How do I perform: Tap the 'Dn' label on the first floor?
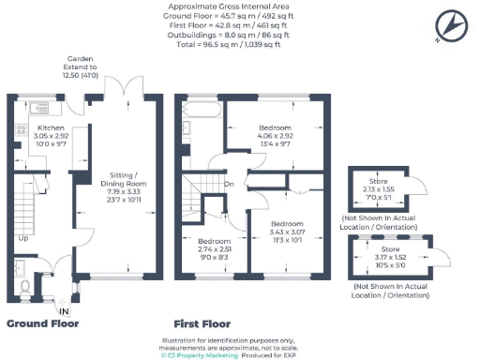pyautogui.click(x=229, y=184)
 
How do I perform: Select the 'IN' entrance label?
pyautogui.click(x=64, y=311)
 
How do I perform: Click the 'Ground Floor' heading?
pyautogui.click(x=43, y=324)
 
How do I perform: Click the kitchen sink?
pyautogui.click(x=41, y=103)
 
